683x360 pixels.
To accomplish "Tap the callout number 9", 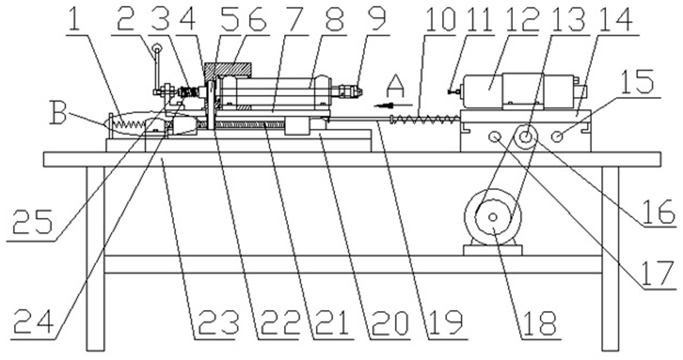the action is tap(377, 19).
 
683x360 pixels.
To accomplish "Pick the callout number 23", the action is tap(218, 323).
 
